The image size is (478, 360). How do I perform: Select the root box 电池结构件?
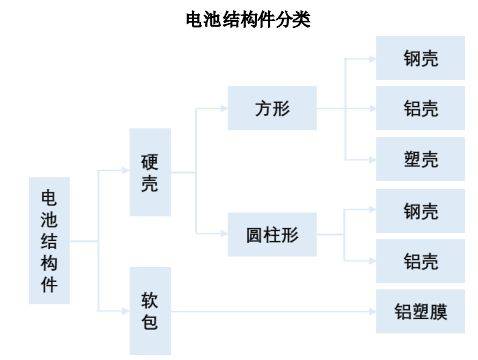coord(49,240)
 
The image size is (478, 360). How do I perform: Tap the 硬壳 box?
coord(150,172)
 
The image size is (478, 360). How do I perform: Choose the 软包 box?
coord(150,310)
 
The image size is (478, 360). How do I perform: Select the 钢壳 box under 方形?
coord(420,59)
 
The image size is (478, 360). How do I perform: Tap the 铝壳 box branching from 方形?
coord(420,108)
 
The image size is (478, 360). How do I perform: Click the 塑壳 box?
coord(420,158)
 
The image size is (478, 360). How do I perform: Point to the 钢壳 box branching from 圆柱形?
coord(420,211)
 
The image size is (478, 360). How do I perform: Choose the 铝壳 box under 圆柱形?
coord(420,261)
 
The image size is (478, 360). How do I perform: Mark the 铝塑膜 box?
coord(420,312)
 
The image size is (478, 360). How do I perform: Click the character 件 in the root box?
coord(49,285)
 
